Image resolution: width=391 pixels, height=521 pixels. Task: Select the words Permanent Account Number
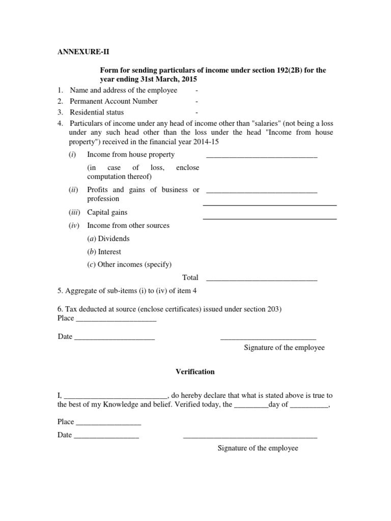pyautogui.click(x=114, y=101)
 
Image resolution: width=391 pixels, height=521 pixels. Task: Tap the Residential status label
pyautogui.click(x=97, y=112)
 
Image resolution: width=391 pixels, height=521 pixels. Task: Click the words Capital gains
pyautogui.click(x=107, y=212)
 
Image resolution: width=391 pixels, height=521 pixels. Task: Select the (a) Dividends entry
pyautogui.click(x=108, y=239)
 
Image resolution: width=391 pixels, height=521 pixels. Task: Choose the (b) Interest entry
pyautogui.click(x=104, y=252)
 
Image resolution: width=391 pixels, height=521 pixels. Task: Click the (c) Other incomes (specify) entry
pyautogui.click(x=129, y=265)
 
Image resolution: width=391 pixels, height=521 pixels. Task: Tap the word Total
pyautogui.click(x=190, y=278)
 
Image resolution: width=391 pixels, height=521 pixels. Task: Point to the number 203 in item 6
pyautogui.click(x=273, y=309)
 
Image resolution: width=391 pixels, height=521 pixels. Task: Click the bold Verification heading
pyautogui.click(x=195, y=372)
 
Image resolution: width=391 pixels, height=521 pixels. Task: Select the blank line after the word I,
pyautogui.click(x=117, y=397)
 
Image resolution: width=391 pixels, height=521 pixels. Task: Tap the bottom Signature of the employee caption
pyautogui.click(x=258, y=448)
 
